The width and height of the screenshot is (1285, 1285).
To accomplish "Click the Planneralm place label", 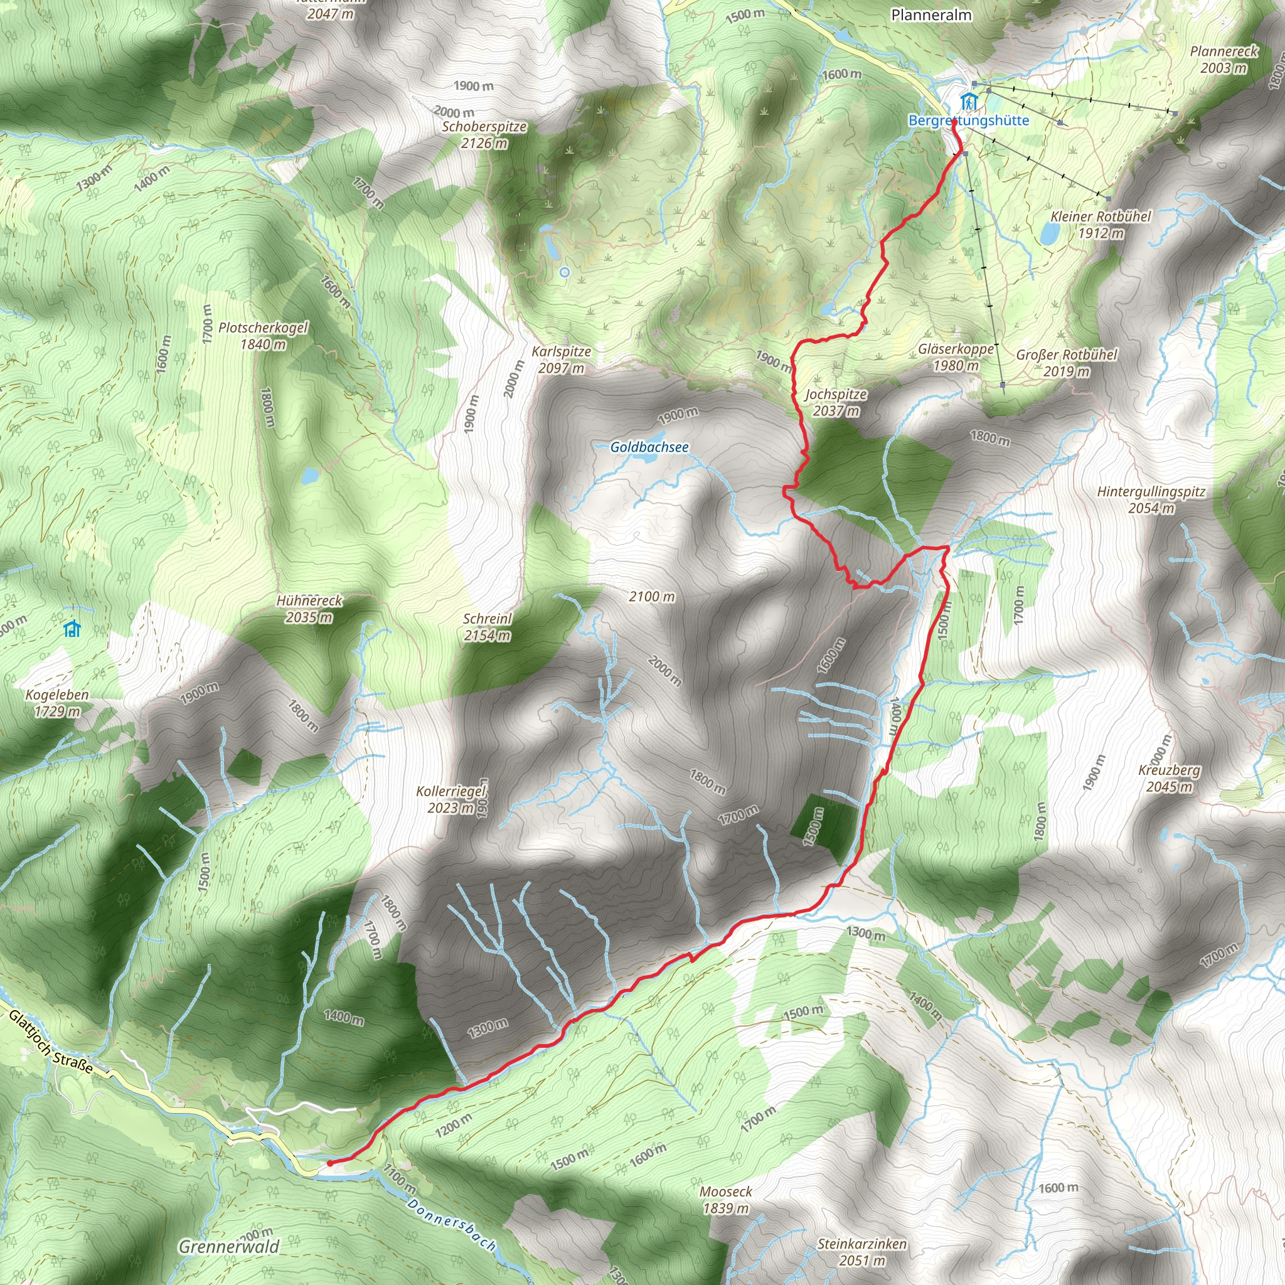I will tap(931, 14).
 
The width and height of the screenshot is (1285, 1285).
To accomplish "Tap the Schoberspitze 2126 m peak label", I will tap(484, 134).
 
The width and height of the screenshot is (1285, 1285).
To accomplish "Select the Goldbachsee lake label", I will tap(649, 447).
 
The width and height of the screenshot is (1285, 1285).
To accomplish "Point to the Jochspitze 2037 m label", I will tap(836, 402).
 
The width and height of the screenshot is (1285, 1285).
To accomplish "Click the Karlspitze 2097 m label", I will tap(562, 359).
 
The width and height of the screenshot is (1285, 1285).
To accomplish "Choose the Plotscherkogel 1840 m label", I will tap(264, 336).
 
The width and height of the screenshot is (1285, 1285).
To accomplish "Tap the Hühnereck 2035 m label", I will tap(309, 609).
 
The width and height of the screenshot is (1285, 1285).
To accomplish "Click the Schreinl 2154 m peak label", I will tap(488, 627).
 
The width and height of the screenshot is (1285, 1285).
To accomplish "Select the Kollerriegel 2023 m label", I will tap(452, 799).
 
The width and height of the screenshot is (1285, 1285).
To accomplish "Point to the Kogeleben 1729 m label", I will tap(57, 703).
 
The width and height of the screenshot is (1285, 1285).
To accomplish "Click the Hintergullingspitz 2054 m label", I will tap(1151, 499).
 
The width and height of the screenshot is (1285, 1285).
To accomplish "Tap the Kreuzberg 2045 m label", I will tap(1170, 778).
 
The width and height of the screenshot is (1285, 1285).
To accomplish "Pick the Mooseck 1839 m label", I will tap(726, 1200).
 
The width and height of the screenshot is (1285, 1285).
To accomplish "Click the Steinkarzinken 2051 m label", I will tap(862, 1252).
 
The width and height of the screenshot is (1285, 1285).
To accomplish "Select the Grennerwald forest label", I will tap(229, 1247).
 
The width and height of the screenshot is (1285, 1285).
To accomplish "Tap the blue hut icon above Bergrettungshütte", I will tap(969, 102).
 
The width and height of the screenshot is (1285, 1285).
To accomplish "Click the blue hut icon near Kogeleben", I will tap(72, 629).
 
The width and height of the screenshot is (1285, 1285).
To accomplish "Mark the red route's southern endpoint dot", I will tap(330, 1163).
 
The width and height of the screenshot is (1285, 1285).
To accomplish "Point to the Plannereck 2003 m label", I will tap(1224, 59).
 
